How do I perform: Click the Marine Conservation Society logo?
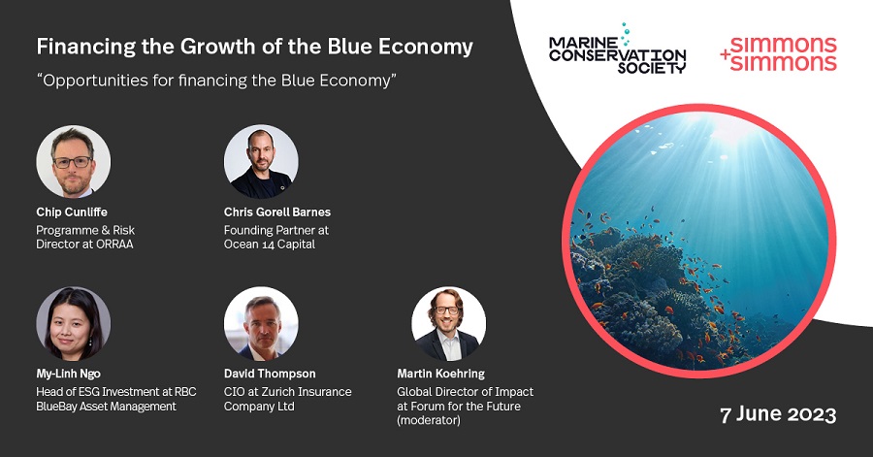pyautogui.click(x=618, y=49)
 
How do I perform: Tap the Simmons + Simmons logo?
pyautogui.click(x=778, y=54)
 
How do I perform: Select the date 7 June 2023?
pyautogui.click(x=778, y=415)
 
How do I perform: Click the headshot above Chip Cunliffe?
pyautogui.click(x=73, y=161)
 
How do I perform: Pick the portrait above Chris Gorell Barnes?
pyautogui.click(x=261, y=161)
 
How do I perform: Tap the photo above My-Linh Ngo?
pyautogui.click(x=73, y=323)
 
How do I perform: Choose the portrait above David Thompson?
pyautogui.click(x=261, y=323)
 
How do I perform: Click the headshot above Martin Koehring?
pyautogui.click(x=448, y=323)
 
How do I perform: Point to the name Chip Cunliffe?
pyautogui.click(x=72, y=212)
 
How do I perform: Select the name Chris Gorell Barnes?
pyautogui.click(x=277, y=212)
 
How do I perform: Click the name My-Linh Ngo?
pyautogui.click(x=69, y=375)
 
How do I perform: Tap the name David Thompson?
pyautogui.click(x=270, y=374)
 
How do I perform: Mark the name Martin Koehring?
pyautogui.click(x=440, y=374)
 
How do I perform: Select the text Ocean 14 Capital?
pyautogui.click(x=270, y=245)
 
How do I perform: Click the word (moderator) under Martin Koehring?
pyautogui.click(x=429, y=420)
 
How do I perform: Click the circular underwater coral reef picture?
pyautogui.click(x=699, y=241)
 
